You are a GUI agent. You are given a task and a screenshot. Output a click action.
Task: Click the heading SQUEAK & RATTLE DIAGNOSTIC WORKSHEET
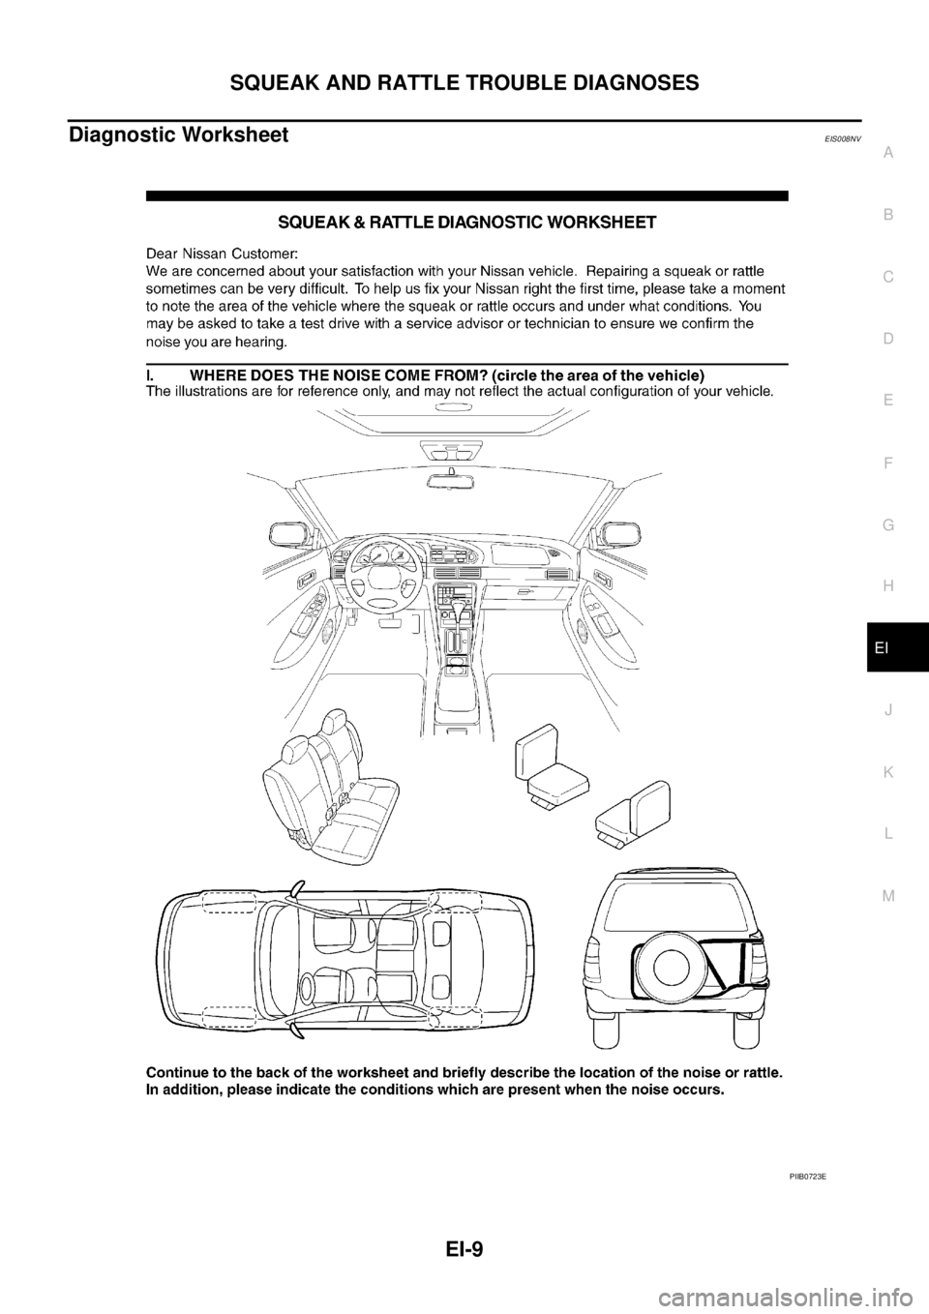(x=467, y=223)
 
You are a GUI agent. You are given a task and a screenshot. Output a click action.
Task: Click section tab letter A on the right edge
(x=887, y=151)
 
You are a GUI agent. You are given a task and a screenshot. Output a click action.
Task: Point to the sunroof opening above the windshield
(x=452, y=422)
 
